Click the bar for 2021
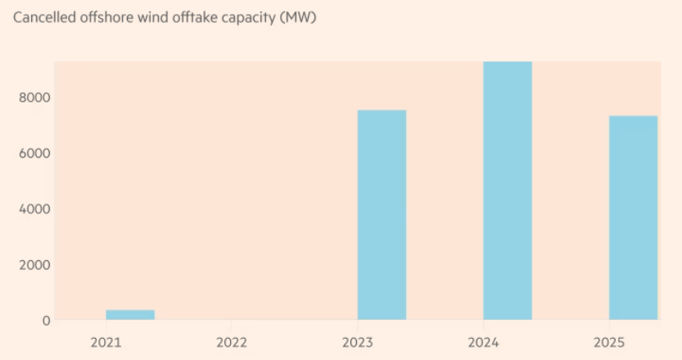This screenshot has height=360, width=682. (130, 315)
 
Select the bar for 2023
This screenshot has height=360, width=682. (382, 214)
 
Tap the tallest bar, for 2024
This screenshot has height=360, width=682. (508, 191)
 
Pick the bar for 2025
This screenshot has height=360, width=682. (634, 218)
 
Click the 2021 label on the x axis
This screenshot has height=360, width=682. (106, 340)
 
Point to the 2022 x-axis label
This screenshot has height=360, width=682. (232, 340)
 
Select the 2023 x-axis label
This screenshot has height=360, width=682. (358, 340)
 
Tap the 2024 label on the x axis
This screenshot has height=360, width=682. (483, 340)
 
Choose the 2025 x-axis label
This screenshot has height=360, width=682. (609, 340)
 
